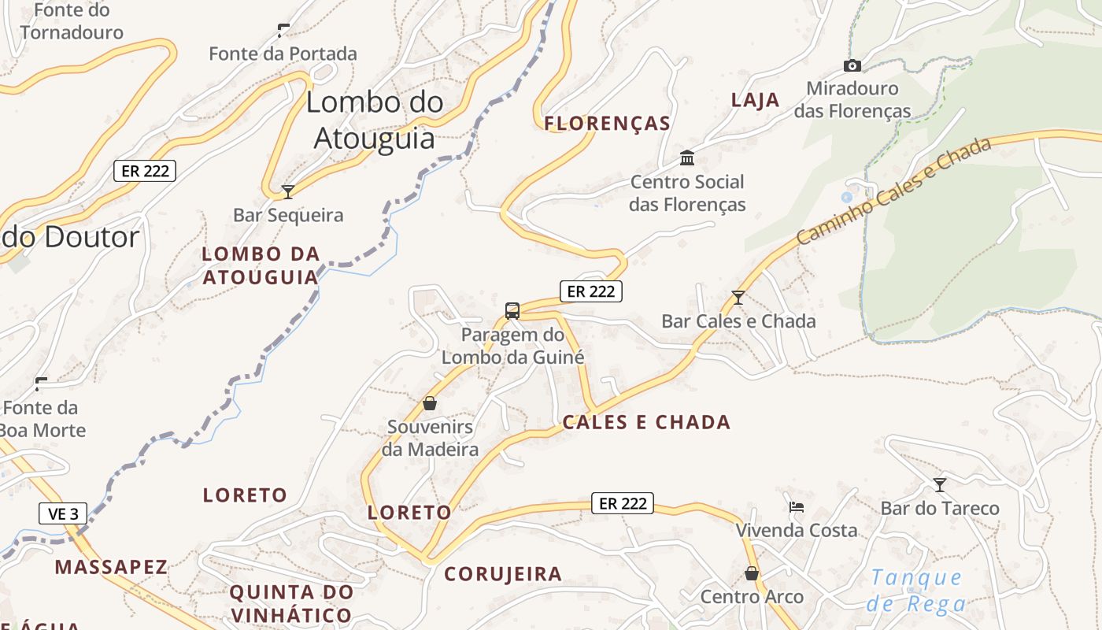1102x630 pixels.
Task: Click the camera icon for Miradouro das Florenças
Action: click(x=852, y=66)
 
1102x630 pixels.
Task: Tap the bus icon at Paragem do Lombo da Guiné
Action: click(x=512, y=311)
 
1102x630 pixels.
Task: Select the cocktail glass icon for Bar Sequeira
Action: click(x=288, y=191)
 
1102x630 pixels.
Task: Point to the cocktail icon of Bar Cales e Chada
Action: click(x=738, y=298)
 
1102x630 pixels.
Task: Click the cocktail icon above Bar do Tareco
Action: click(x=939, y=484)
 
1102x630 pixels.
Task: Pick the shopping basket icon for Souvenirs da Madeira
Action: click(x=430, y=403)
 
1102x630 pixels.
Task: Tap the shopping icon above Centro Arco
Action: click(x=752, y=573)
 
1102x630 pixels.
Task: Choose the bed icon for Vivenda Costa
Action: click(x=797, y=507)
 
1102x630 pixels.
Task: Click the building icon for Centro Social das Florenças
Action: click(x=687, y=158)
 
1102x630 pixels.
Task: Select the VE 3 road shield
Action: click(x=63, y=514)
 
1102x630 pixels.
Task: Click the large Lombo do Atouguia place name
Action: click(x=374, y=120)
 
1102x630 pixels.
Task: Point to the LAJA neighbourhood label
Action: click(x=755, y=100)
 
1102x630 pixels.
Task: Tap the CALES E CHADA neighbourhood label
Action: click(x=646, y=422)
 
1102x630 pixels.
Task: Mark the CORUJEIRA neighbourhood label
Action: click(x=503, y=574)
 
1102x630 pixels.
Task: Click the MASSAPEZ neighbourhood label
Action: click(x=111, y=567)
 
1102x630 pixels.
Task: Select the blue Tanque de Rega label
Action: click(x=916, y=591)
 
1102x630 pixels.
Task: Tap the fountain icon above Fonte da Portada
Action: click(x=283, y=31)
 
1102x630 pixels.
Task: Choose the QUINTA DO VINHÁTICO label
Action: click(x=291, y=603)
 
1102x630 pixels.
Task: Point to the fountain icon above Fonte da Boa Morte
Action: click(x=41, y=384)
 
